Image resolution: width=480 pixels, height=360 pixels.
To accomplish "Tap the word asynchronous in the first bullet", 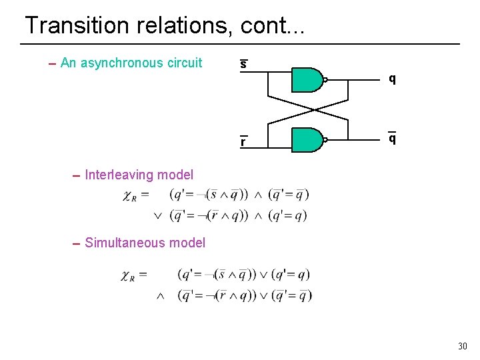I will tap(123, 63).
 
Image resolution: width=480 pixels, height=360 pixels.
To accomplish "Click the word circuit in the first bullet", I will tap(185, 63).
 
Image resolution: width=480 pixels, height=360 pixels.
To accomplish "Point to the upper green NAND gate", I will tap(307, 79).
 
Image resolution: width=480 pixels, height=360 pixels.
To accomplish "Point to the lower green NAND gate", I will tap(307, 140).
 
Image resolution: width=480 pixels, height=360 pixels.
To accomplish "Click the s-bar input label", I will tap(243, 65).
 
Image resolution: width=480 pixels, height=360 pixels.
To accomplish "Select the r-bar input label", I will tap(243, 141).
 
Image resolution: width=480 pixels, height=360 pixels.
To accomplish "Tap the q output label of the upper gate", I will tap(393, 79).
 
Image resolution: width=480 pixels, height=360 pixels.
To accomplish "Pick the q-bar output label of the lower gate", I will tap(393, 138).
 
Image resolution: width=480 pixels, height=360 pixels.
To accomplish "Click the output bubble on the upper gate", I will tap(325, 79).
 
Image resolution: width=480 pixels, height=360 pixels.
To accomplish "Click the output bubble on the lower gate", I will tap(325, 140).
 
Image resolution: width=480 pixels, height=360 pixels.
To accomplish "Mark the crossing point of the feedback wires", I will tap(308, 109).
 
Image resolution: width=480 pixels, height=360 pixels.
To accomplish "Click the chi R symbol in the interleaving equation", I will tap(130, 195).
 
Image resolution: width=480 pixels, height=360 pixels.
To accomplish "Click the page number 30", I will tap(463, 346).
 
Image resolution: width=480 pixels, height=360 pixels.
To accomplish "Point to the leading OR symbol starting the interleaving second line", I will tap(158, 215).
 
